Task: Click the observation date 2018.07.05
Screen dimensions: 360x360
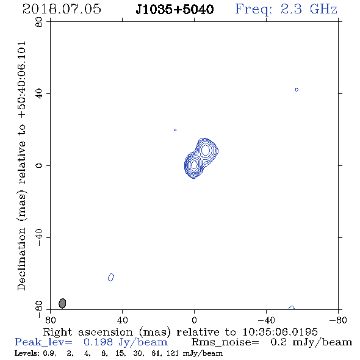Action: coord(62,9)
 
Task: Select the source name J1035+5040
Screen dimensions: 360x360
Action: coord(175,10)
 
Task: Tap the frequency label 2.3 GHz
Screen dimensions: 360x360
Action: coord(309,9)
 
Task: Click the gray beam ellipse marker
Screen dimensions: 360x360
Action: coord(62,303)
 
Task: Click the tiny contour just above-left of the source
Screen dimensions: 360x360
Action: coord(175,130)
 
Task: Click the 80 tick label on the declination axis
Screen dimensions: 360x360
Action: coord(39,22)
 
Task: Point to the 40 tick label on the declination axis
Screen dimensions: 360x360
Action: coord(39,93)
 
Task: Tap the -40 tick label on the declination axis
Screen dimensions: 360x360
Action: coord(39,237)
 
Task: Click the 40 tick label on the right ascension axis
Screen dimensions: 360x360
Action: coord(122,320)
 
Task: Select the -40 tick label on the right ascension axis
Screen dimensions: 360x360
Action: coord(266,320)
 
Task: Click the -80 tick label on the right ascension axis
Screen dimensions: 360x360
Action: coord(338,320)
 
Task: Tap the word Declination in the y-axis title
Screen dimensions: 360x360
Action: coord(21,259)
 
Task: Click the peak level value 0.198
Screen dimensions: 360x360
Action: coord(98,342)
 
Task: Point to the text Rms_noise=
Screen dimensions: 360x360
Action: coord(225,342)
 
